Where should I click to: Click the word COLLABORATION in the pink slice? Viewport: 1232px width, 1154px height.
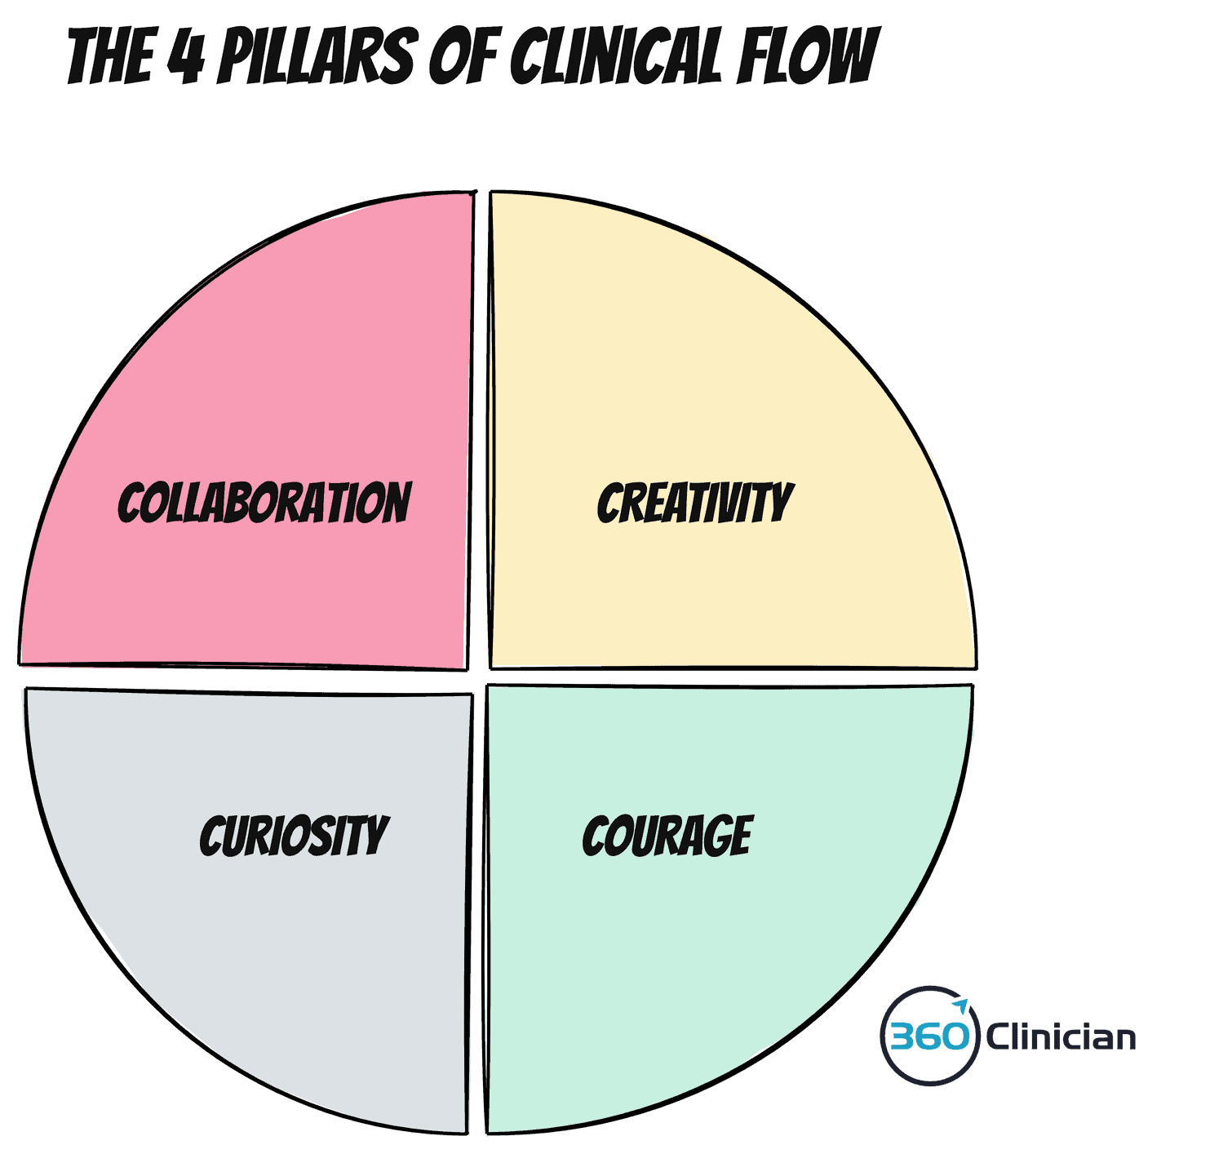click(x=264, y=503)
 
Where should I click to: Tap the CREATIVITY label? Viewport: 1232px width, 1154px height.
click(x=694, y=503)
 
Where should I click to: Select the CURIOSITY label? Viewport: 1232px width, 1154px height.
click(x=294, y=836)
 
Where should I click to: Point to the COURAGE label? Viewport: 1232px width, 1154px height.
click(x=667, y=836)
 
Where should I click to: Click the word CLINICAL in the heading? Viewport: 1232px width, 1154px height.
click(x=617, y=57)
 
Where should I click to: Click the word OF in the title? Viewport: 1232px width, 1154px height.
click(x=463, y=57)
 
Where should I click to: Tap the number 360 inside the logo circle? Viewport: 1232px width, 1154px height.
click(x=929, y=1037)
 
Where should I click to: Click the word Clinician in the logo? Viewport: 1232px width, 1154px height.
click(x=1061, y=1037)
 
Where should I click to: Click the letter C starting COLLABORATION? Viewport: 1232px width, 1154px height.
click(x=131, y=503)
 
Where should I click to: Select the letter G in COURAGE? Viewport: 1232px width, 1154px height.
click(x=715, y=837)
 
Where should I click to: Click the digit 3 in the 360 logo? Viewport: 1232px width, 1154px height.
click(x=902, y=1037)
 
